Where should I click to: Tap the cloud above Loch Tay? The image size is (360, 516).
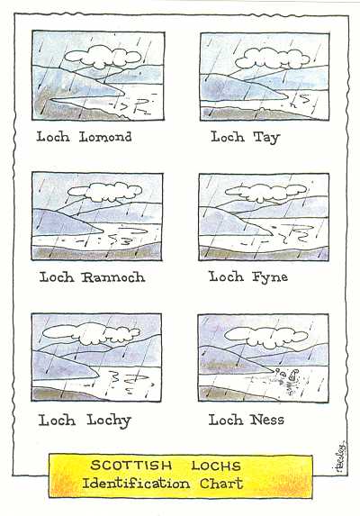273,59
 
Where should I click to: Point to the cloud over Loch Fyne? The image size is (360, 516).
266,192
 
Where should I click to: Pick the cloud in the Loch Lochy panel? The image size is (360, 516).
92,333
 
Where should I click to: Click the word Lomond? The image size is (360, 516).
105,137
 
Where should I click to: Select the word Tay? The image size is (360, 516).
266,138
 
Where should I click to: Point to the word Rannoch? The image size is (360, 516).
113,277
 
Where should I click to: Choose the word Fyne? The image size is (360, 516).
270,277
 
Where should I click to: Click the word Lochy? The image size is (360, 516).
109,421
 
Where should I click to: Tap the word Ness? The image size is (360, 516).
266,420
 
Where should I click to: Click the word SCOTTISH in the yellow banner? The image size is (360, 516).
131,466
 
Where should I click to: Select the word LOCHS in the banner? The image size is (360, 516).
216,466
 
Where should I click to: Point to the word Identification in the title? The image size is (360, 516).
136,484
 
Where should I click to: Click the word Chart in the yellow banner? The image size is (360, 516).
221,484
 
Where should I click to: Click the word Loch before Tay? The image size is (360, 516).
228,137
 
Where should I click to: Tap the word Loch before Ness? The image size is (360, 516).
226,420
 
